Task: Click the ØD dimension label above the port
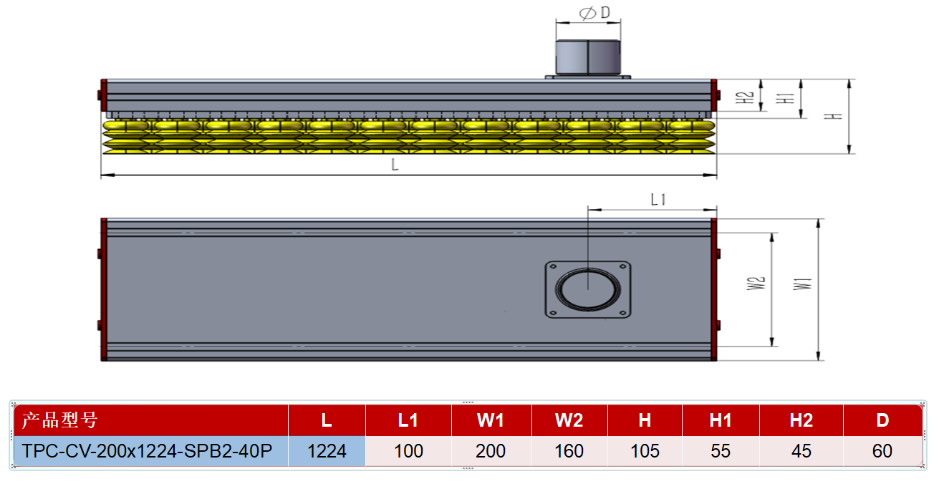pyautogui.click(x=594, y=13)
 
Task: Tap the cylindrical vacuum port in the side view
pyautogui.click(x=588, y=57)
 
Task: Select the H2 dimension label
pyautogui.click(x=744, y=97)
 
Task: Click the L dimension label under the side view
pyautogui.click(x=395, y=165)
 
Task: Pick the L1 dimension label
pyautogui.click(x=658, y=200)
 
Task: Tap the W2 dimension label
pyautogui.click(x=756, y=284)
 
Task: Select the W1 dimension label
pyautogui.click(x=802, y=284)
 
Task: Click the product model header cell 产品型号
pyautogui.click(x=60, y=420)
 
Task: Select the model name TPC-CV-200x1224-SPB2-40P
pyautogui.click(x=147, y=451)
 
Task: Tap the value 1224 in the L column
pyautogui.click(x=327, y=451)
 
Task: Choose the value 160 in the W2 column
pyautogui.click(x=569, y=451)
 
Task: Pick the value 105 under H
pyautogui.click(x=645, y=451)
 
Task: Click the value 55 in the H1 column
pyautogui.click(x=720, y=451)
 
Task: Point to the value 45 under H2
pyautogui.click(x=801, y=451)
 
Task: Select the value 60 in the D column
pyautogui.click(x=882, y=451)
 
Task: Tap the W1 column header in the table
pyautogui.click(x=491, y=420)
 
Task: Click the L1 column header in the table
pyautogui.click(x=408, y=420)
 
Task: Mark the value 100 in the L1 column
pyautogui.click(x=408, y=451)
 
